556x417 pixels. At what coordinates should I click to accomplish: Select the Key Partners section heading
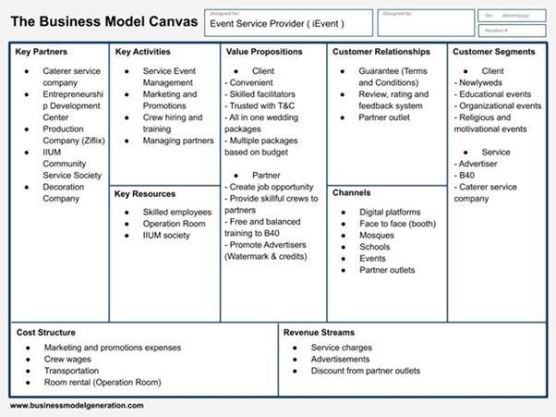point(42,52)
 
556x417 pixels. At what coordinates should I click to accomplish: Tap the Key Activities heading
point(143,52)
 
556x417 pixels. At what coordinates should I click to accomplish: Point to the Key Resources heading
point(145,193)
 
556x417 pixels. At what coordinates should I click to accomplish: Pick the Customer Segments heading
point(493,52)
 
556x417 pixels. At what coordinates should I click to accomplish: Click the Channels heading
point(353,193)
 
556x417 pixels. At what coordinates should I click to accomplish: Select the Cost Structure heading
point(46,332)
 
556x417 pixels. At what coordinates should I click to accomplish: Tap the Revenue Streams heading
point(319,332)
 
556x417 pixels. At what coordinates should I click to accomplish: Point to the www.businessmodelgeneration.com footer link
point(77,405)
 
